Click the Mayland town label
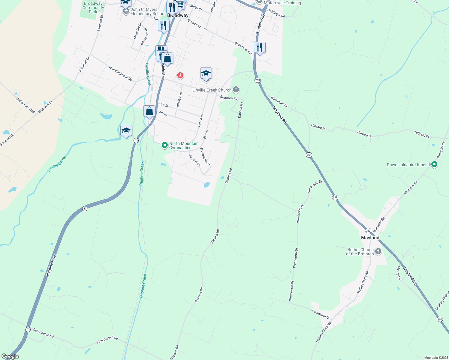[370, 238]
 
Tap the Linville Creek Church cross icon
[236, 89]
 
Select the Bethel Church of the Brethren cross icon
[378, 251]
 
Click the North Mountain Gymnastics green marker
[164, 145]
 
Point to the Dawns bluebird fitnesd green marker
[434, 164]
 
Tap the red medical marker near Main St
[180, 75]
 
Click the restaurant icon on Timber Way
[260, 47]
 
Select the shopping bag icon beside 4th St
[149, 111]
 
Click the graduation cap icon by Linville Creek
[126, 131]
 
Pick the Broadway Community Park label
[93, 7]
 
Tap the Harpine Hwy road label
[51, 265]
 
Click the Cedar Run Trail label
[26, 105]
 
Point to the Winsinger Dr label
[279, 101]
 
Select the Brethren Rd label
[229, 98]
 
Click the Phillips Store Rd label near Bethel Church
[363, 282]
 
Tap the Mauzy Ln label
[399, 273]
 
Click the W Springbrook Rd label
[120, 73]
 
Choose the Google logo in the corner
[10, 356]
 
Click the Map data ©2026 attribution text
[435, 358]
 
